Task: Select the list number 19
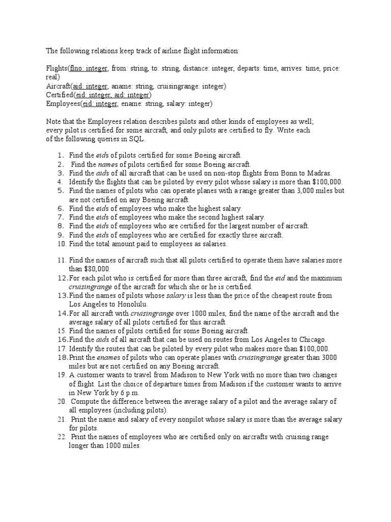pos(61,375)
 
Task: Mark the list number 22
pos(62,437)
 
